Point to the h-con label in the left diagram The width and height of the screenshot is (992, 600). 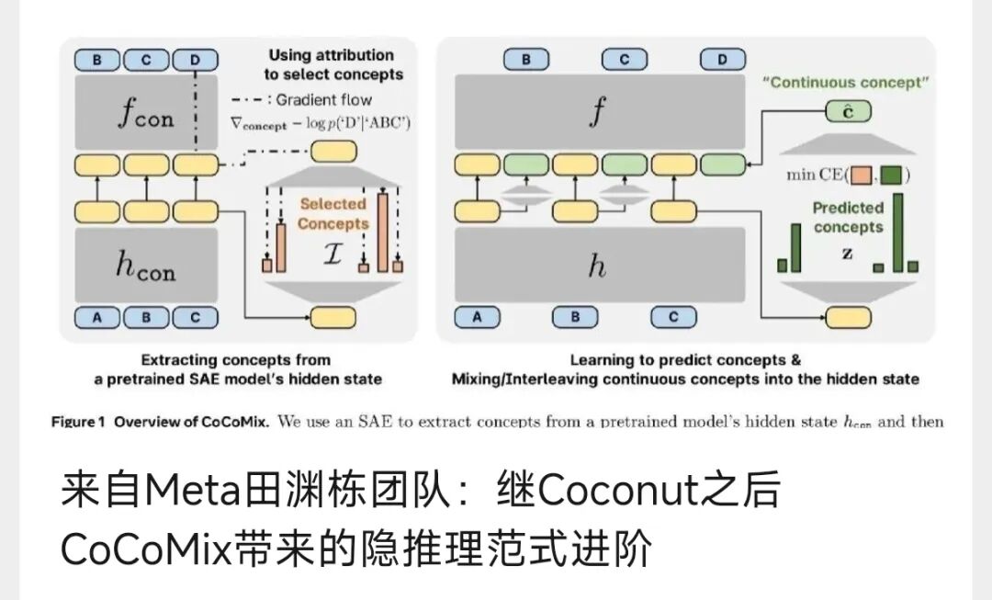click(146, 266)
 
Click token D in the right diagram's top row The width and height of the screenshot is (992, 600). click(723, 60)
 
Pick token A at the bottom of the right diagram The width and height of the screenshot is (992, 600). click(478, 317)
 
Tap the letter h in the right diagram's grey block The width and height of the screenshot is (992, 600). click(597, 266)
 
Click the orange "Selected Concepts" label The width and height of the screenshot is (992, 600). click(333, 213)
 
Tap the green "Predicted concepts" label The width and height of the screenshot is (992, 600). click(847, 218)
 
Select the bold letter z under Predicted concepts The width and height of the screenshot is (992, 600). click(847, 252)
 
